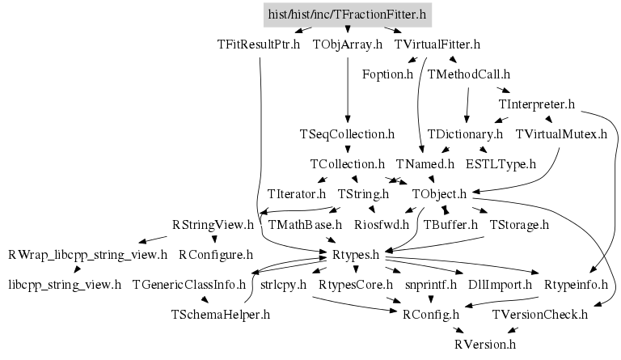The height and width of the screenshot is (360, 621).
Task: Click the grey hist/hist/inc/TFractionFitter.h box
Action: [346, 14]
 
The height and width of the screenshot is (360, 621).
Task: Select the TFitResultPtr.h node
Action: [258, 44]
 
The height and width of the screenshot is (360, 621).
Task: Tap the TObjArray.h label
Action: [347, 44]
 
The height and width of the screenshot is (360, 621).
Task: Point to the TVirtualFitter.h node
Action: [437, 44]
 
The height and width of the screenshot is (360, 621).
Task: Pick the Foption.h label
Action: [387, 74]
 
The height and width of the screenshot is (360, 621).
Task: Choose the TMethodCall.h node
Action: [469, 74]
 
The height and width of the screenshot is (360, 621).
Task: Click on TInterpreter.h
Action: [537, 104]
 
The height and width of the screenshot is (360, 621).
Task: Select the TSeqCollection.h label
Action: [347, 133]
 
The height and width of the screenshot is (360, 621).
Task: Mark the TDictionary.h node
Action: [465, 133]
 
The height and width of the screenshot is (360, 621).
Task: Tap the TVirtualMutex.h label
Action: [561, 133]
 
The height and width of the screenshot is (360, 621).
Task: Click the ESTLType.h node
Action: [501, 163]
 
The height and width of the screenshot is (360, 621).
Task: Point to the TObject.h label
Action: [440, 194]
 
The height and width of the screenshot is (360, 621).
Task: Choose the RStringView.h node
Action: [213, 224]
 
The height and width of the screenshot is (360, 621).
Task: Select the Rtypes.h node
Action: [356, 255]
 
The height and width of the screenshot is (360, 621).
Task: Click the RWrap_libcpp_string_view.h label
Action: [87, 255]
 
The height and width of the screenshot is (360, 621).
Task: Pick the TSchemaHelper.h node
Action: [221, 314]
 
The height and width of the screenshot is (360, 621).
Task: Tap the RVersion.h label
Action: [484, 344]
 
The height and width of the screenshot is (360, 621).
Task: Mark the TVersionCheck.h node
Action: [539, 314]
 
